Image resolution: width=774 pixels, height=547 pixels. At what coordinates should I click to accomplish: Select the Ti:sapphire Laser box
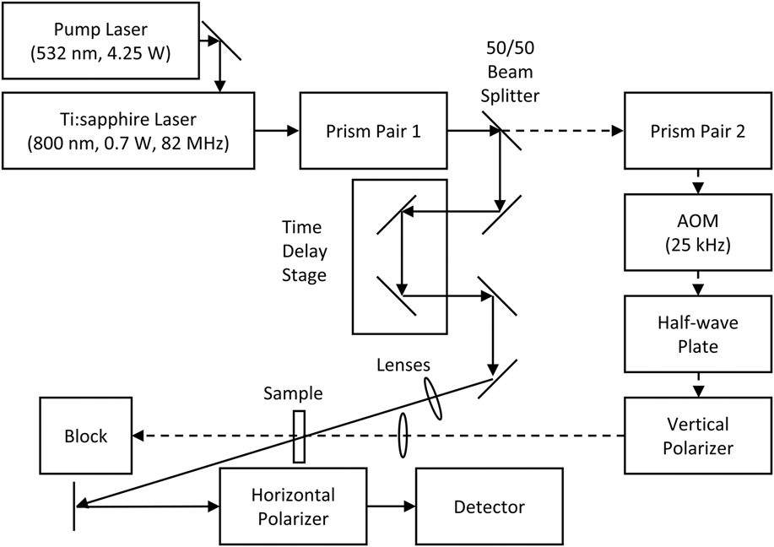pyautogui.click(x=128, y=129)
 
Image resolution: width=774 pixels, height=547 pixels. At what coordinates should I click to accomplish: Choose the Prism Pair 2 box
pyautogui.click(x=696, y=130)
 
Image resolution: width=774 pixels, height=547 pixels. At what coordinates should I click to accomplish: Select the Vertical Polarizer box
pyautogui.click(x=696, y=435)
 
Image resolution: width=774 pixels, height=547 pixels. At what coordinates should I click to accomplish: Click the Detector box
pyautogui.click(x=489, y=506)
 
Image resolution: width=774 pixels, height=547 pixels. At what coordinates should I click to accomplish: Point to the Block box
pyautogui.click(x=86, y=436)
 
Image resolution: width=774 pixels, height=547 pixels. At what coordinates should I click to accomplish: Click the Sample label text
pyautogui.click(x=292, y=393)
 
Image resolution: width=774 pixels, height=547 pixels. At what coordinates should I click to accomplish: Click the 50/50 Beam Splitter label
pyautogui.click(x=509, y=71)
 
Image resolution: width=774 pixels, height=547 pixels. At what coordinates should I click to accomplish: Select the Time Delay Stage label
pyautogui.click(x=305, y=252)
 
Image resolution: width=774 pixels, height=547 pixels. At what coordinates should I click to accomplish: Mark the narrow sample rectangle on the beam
pyautogui.click(x=299, y=436)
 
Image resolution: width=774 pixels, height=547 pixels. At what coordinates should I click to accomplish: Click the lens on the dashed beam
pyautogui.click(x=403, y=435)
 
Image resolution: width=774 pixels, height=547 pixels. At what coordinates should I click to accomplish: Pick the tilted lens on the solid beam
pyautogui.click(x=432, y=398)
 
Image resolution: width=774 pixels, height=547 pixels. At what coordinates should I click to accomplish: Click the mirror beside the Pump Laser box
pyautogui.click(x=222, y=41)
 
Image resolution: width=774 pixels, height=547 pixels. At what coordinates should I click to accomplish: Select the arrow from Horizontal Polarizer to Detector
pyautogui.click(x=387, y=506)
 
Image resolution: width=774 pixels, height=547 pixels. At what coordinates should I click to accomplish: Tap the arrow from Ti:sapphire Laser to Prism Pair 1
pyautogui.click(x=277, y=130)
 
